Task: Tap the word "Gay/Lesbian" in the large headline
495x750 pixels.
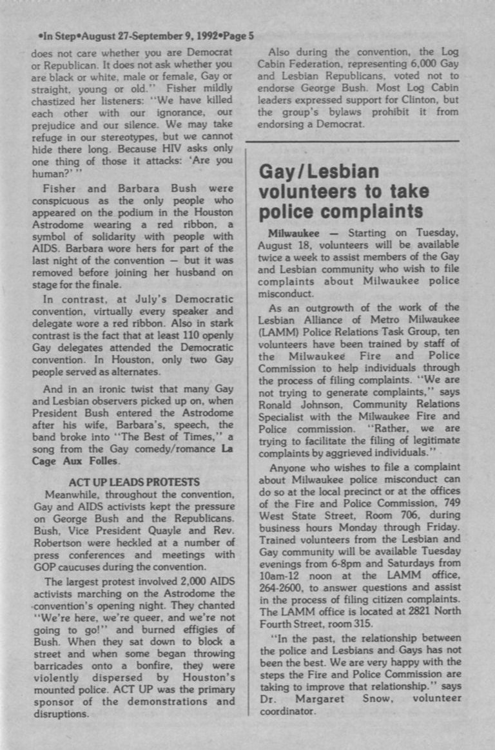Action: (319, 172)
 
